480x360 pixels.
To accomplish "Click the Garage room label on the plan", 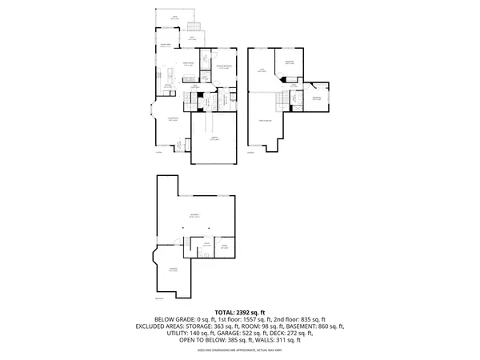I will click(214, 138).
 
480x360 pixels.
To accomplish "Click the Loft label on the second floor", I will click(262, 70).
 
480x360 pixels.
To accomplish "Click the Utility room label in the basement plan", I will click(206, 245).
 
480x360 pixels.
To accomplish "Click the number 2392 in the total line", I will click(246, 312).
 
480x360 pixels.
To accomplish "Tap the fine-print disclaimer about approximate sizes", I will click(240, 348).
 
